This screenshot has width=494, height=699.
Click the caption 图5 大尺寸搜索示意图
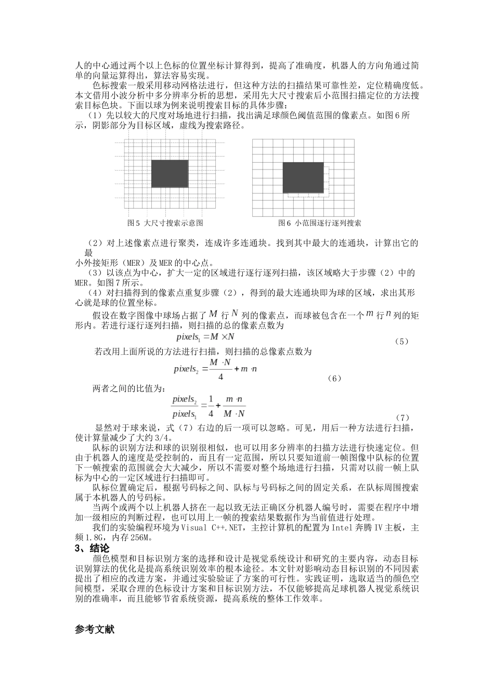pos(165,223)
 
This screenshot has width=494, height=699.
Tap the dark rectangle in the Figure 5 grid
pos(170,174)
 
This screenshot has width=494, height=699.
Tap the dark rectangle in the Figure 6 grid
pos(303,177)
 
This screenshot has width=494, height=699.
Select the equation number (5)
pos(401,341)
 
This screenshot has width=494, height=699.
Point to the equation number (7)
pos(402,417)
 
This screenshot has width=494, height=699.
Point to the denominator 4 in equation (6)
pos(220,377)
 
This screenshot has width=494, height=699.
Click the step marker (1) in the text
pos(95,115)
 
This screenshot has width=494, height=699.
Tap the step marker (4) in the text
pos(95,293)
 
